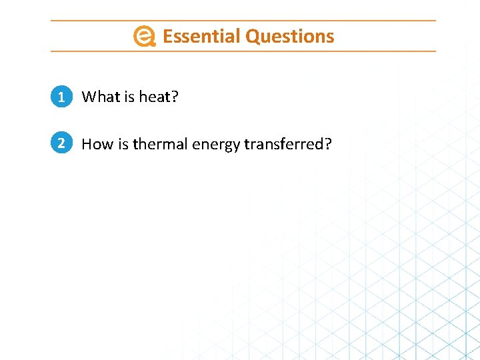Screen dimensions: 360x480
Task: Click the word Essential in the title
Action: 201,36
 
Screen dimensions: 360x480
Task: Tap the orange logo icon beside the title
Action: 144,37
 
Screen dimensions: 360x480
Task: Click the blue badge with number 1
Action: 61,97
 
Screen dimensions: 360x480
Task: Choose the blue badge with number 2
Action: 61,143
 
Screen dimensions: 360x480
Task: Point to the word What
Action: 100,97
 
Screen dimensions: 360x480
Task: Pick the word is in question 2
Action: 123,144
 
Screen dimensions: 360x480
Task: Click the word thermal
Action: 160,144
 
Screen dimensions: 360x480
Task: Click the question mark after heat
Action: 175,97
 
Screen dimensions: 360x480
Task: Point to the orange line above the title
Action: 243,21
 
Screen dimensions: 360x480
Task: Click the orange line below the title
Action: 243,51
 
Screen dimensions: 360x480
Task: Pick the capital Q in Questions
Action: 252,37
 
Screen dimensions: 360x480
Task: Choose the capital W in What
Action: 89,97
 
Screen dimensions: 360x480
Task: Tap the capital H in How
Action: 87,144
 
